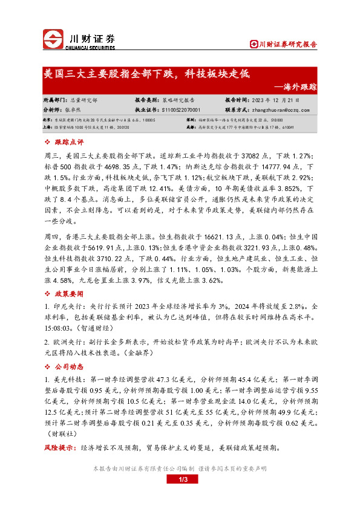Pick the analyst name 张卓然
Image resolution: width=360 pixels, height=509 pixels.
tap(72, 111)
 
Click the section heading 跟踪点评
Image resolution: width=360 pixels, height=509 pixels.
tap(68, 142)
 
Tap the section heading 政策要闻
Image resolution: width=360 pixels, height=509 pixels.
tap(68, 293)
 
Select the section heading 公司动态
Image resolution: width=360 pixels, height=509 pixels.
tap(68, 367)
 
